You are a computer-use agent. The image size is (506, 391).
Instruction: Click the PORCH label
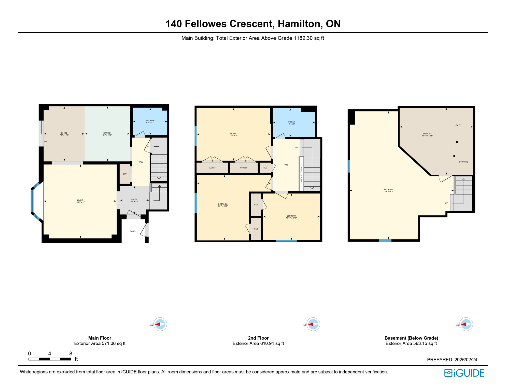coord(133,231)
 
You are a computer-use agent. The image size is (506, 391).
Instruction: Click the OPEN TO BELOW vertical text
coord(301,174)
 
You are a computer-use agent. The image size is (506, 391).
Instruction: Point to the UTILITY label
coord(458,125)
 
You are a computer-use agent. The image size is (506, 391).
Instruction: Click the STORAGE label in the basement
coord(463,162)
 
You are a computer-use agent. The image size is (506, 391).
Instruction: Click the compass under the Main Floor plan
coord(160,324)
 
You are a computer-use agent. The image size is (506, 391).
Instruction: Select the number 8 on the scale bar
coord(71,353)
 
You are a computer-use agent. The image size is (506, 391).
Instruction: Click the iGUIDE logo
coord(464,373)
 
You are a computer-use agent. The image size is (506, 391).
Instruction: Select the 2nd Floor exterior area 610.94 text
coord(258,343)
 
